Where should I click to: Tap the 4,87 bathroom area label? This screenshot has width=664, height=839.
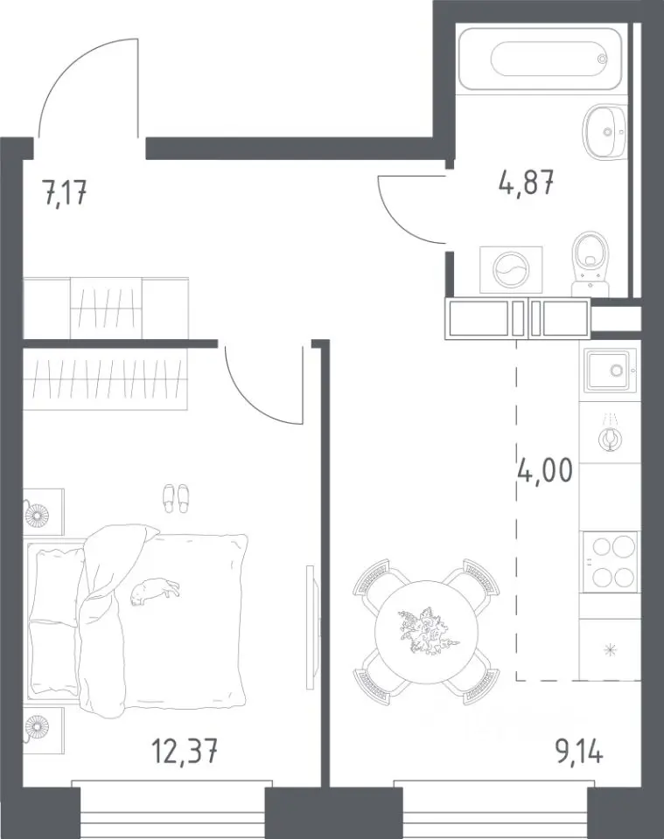coord(526,183)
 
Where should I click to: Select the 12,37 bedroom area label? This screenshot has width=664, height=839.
coord(185,751)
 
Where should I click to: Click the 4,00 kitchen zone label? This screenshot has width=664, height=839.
coord(546,471)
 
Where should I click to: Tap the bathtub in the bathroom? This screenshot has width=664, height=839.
coord(541,59)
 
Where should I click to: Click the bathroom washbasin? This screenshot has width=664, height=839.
coord(604,132)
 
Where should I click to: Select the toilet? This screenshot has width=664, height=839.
coord(591,263)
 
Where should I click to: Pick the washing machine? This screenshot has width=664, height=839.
coord(511,270)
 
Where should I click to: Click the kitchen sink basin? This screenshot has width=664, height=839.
coord(611,369)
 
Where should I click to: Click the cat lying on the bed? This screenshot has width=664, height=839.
coord(155,592)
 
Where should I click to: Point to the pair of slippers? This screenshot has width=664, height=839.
coord(176,499)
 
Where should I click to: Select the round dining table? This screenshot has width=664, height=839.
coord(426,630)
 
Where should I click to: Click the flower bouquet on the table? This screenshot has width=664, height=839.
coord(426,630)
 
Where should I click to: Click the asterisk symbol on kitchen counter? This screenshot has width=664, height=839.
coord(610,650)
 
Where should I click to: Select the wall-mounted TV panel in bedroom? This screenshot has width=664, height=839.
coord(310,628)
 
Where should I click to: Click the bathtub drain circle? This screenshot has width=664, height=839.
coord(603,59)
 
